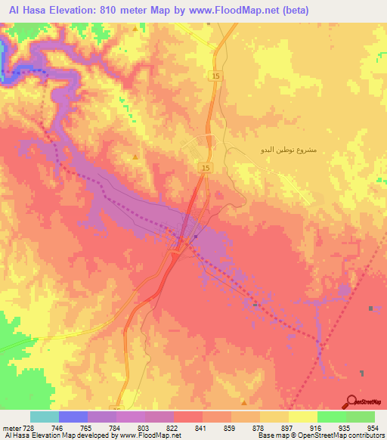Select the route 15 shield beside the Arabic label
pyautogui.click(x=206, y=167)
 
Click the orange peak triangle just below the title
pyautogui.click(x=135, y=29)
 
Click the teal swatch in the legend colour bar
pyautogui.click(x=45, y=417)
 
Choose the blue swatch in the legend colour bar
pyautogui.click(x=73, y=417)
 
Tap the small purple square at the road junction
pyautogui.click(x=196, y=237)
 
